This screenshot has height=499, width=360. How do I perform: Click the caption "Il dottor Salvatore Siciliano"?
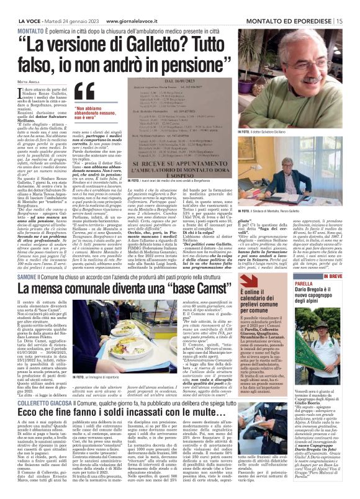point(312,132)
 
